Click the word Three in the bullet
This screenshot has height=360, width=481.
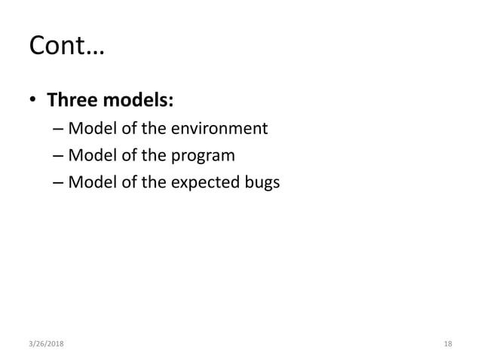[74, 99]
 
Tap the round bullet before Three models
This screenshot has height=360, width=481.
[33, 100]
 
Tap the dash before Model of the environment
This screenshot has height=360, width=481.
[58, 130]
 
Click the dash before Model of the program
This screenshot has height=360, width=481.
[58, 157]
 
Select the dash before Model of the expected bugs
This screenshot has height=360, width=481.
[58, 183]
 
